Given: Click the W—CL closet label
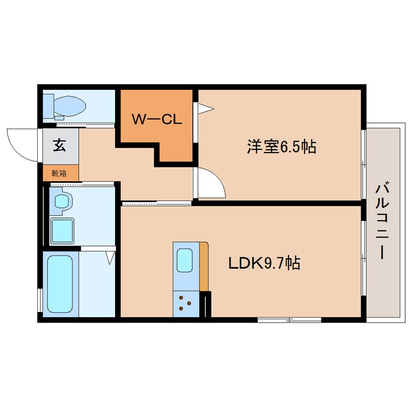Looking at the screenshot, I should pyautogui.click(x=157, y=119).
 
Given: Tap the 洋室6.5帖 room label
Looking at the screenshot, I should pyautogui.click(x=281, y=146).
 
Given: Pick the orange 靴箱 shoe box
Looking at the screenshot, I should pyautogui.click(x=60, y=173).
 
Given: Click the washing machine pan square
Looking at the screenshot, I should pyautogui.click(x=62, y=230).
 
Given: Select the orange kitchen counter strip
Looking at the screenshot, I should pyautogui.click(x=204, y=266).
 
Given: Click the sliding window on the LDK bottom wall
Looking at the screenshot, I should pyautogui.click(x=289, y=320).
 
